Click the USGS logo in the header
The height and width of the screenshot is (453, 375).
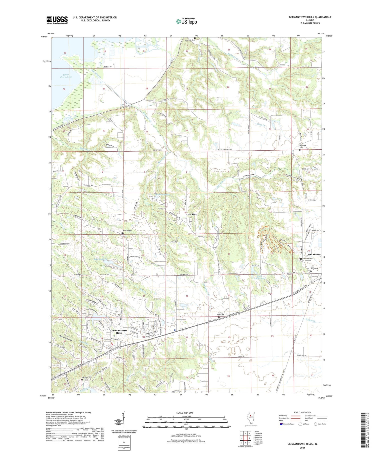(57, 20)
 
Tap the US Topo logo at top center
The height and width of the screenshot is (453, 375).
(186, 21)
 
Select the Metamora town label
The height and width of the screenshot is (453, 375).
(314, 254)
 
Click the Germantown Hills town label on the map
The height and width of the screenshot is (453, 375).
(119, 331)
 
